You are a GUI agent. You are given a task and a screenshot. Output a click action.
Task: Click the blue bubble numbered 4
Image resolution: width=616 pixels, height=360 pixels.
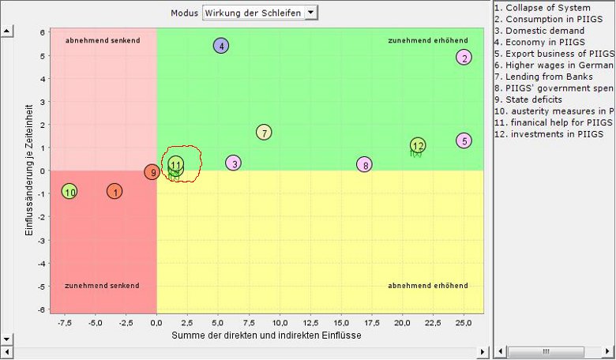coord(221,46)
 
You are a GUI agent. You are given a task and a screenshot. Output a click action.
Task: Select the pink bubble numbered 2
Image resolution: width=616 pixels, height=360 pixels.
coord(464,57)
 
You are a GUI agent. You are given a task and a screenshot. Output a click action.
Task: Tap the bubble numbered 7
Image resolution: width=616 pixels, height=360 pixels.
coord(265,133)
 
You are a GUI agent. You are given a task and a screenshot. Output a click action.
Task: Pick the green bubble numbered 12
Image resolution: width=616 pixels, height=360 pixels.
coord(418,145)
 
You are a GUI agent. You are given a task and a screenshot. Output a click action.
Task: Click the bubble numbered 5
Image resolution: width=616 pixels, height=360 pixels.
coord(464,141)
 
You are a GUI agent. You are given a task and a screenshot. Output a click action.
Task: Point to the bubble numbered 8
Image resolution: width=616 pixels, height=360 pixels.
coord(363,164)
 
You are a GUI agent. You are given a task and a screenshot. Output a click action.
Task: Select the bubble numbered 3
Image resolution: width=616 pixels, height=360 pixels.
coord(232,163)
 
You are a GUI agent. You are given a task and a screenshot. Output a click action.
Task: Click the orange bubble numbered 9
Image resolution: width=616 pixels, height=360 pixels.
coord(152,172)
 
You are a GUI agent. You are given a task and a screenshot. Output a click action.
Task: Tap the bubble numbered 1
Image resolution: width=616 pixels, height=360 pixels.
coord(115,191)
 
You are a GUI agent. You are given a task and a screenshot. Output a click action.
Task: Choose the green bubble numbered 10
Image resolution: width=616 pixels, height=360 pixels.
coord(69,192)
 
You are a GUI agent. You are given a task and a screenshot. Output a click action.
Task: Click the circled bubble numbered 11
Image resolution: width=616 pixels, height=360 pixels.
coord(175,163)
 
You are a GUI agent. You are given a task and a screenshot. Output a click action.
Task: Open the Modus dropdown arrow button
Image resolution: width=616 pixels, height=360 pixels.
coord(310,13)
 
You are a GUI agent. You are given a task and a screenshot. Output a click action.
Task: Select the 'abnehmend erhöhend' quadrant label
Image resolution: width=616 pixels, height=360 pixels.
coord(427,285)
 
